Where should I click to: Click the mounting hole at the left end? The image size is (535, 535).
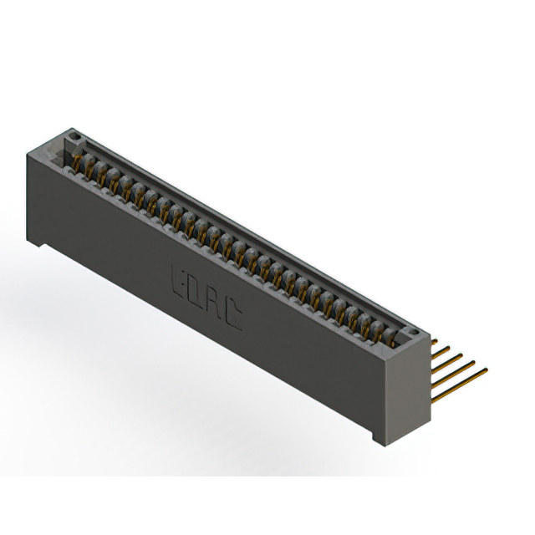tap(74, 135)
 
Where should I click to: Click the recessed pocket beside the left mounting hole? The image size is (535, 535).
tap(59, 143)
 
